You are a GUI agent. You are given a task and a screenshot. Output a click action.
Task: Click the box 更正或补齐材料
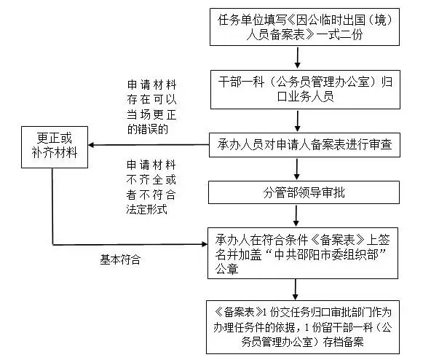pos(53,145)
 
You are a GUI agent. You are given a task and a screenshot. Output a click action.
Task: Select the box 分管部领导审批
pos(298,192)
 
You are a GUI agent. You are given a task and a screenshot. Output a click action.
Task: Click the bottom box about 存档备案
pos(298,323)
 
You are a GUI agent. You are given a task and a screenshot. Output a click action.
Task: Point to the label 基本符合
pos(120,259)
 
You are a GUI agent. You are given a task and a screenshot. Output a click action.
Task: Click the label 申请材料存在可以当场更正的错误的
pos(152,108)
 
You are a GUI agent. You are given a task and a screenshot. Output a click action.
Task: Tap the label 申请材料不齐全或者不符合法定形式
pos(152,187)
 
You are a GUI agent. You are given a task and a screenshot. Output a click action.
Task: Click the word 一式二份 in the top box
pos(354,36)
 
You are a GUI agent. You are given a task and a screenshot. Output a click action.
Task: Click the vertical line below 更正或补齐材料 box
pos(53,204)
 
